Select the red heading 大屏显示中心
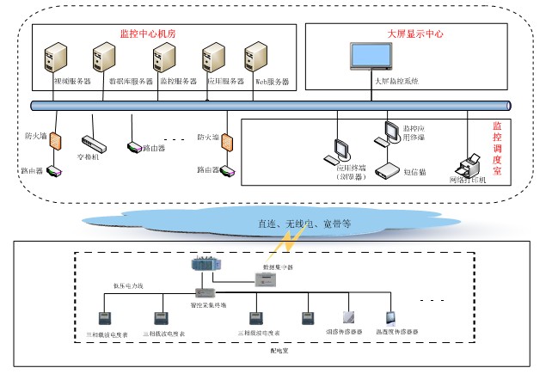[x=415, y=34]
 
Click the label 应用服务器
[x=226, y=83]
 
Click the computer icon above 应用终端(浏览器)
[x=336, y=149]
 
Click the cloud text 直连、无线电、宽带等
[x=304, y=224]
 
